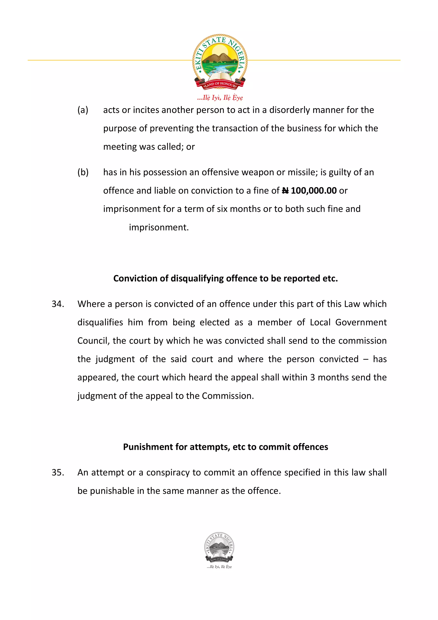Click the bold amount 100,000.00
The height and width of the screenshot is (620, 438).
point(314,191)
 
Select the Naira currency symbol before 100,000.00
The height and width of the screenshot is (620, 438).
point(285,191)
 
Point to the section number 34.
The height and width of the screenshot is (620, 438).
point(58,304)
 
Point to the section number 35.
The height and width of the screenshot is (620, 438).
point(58,473)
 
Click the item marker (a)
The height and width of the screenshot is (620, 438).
point(83,110)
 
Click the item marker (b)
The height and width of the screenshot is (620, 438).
point(83,172)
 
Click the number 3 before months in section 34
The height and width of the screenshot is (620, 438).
point(312,378)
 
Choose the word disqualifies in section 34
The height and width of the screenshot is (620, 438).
point(100,322)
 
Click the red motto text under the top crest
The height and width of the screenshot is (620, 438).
point(220,98)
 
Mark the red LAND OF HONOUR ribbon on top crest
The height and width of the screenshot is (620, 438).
point(220,84)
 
